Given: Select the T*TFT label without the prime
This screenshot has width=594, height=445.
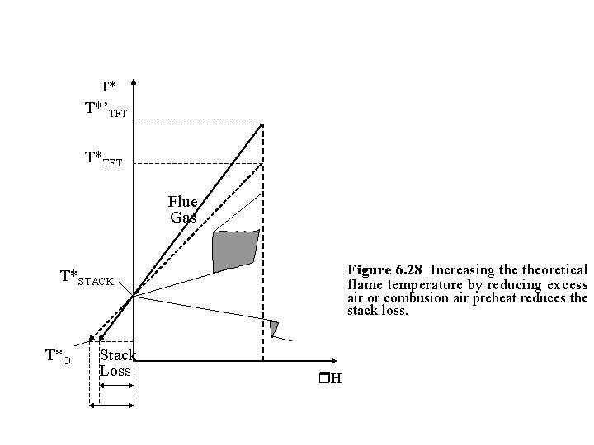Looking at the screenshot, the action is click(103, 159).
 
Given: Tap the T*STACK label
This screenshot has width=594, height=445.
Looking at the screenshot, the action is click(87, 278).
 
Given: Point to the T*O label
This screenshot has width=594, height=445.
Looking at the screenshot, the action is click(58, 356).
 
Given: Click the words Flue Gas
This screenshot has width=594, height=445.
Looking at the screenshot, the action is click(182, 209).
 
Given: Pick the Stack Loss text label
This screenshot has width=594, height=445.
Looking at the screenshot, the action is click(116, 363).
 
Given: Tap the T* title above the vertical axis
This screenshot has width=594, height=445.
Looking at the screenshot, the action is click(107, 87).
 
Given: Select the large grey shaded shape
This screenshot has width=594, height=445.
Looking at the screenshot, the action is click(235, 251).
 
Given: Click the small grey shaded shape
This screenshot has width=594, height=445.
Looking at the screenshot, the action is click(274, 328).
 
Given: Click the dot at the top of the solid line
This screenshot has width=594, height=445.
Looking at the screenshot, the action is click(262, 125).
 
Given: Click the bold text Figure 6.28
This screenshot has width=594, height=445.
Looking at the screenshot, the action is click(384, 269).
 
